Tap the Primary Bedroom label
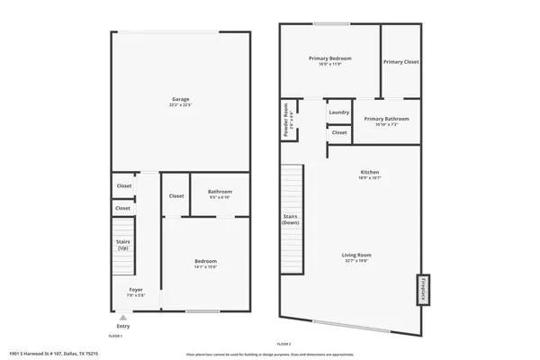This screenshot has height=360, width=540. (x=329, y=58)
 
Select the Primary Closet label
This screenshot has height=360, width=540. (x=400, y=62)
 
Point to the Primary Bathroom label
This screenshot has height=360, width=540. (x=386, y=119)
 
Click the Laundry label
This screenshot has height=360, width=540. (x=338, y=112)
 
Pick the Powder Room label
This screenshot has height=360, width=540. (x=287, y=120)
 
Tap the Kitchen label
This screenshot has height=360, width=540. (x=370, y=171)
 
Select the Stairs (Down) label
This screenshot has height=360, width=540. (x=291, y=219)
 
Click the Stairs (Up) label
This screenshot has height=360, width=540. (x=123, y=244)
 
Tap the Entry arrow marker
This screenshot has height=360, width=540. (x=123, y=317)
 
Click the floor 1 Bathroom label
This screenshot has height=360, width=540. (x=220, y=192)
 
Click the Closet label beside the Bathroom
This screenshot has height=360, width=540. (x=176, y=195)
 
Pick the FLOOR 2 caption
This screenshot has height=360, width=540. (x=284, y=345)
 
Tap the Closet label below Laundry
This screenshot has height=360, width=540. (x=338, y=132)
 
